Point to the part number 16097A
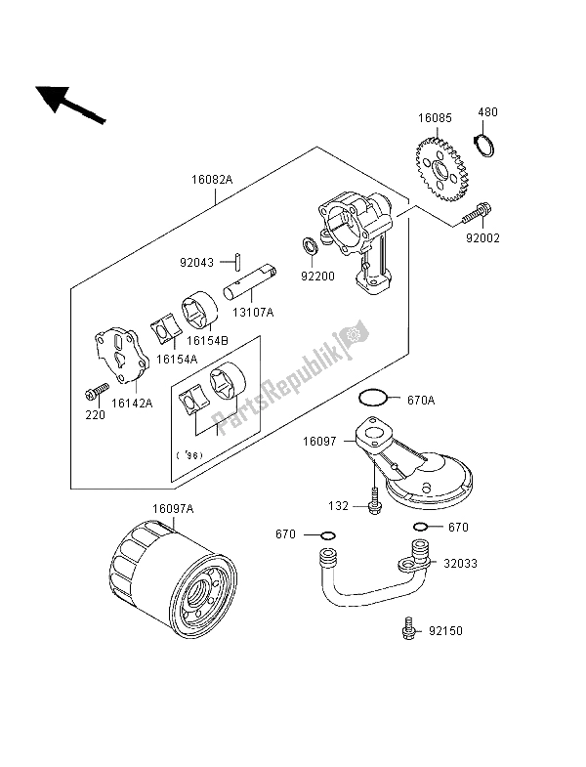click(174, 508)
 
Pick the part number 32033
click(469, 564)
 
